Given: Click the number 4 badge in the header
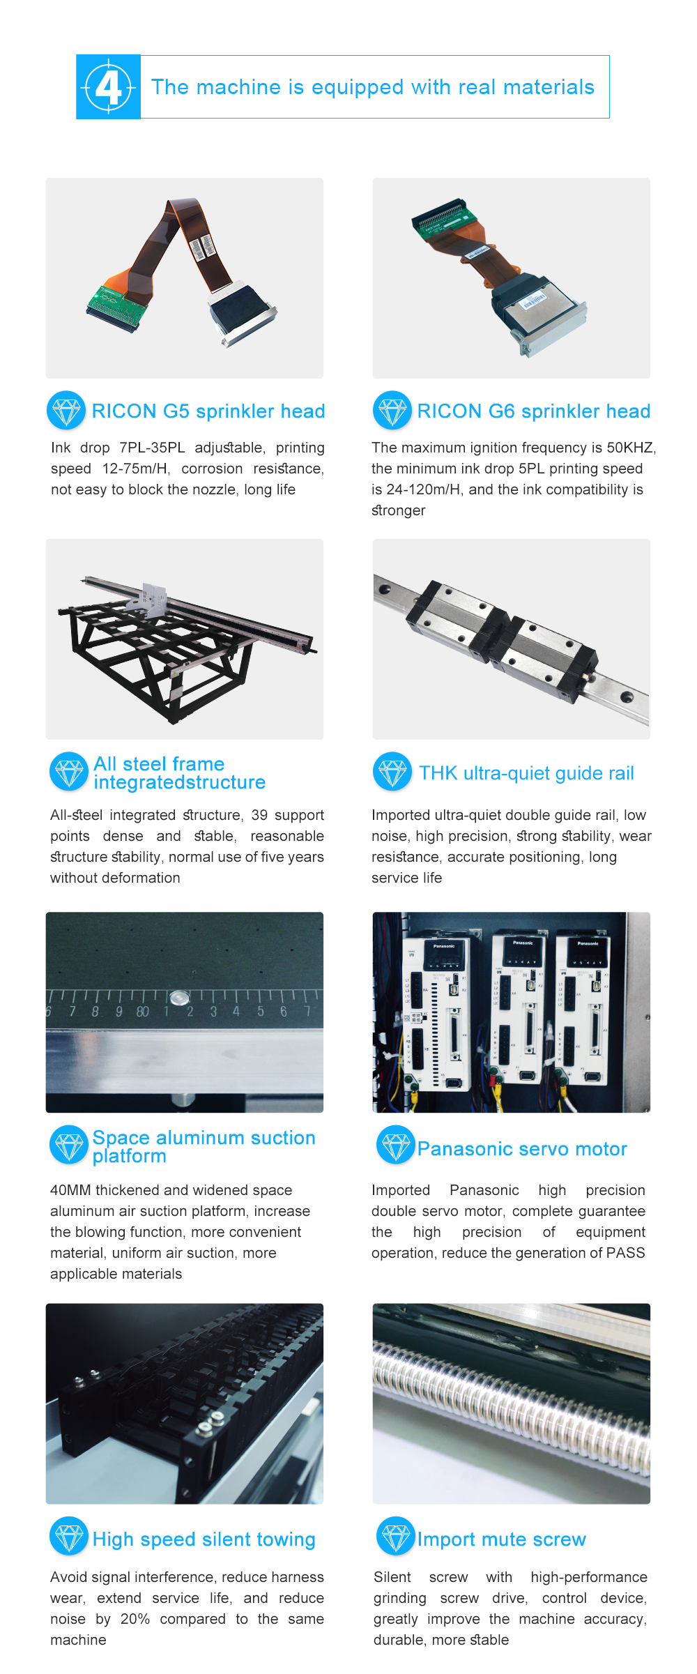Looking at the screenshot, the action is click(108, 87).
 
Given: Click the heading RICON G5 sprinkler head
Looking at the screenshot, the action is click(208, 411).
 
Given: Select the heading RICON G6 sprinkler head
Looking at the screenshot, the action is click(534, 411).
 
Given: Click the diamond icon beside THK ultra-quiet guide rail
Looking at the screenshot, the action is click(392, 771).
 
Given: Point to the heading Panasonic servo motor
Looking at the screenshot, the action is click(522, 1149).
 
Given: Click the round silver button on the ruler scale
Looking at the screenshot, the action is click(179, 998).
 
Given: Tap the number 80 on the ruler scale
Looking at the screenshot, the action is click(142, 1012).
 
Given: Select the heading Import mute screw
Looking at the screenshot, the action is click(502, 1539).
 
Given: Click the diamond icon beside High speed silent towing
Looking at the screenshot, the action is click(69, 1536).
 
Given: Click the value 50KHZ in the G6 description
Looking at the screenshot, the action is click(631, 448).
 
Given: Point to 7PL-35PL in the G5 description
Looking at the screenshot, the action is click(152, 448).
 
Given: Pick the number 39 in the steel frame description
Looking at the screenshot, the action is click(259, 815).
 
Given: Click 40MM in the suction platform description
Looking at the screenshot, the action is click(70, 1190).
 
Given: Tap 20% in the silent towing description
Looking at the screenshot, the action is click(135, 1619).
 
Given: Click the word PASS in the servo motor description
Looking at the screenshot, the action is click(626, 1253).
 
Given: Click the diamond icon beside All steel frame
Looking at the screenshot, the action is click(69, 771).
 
